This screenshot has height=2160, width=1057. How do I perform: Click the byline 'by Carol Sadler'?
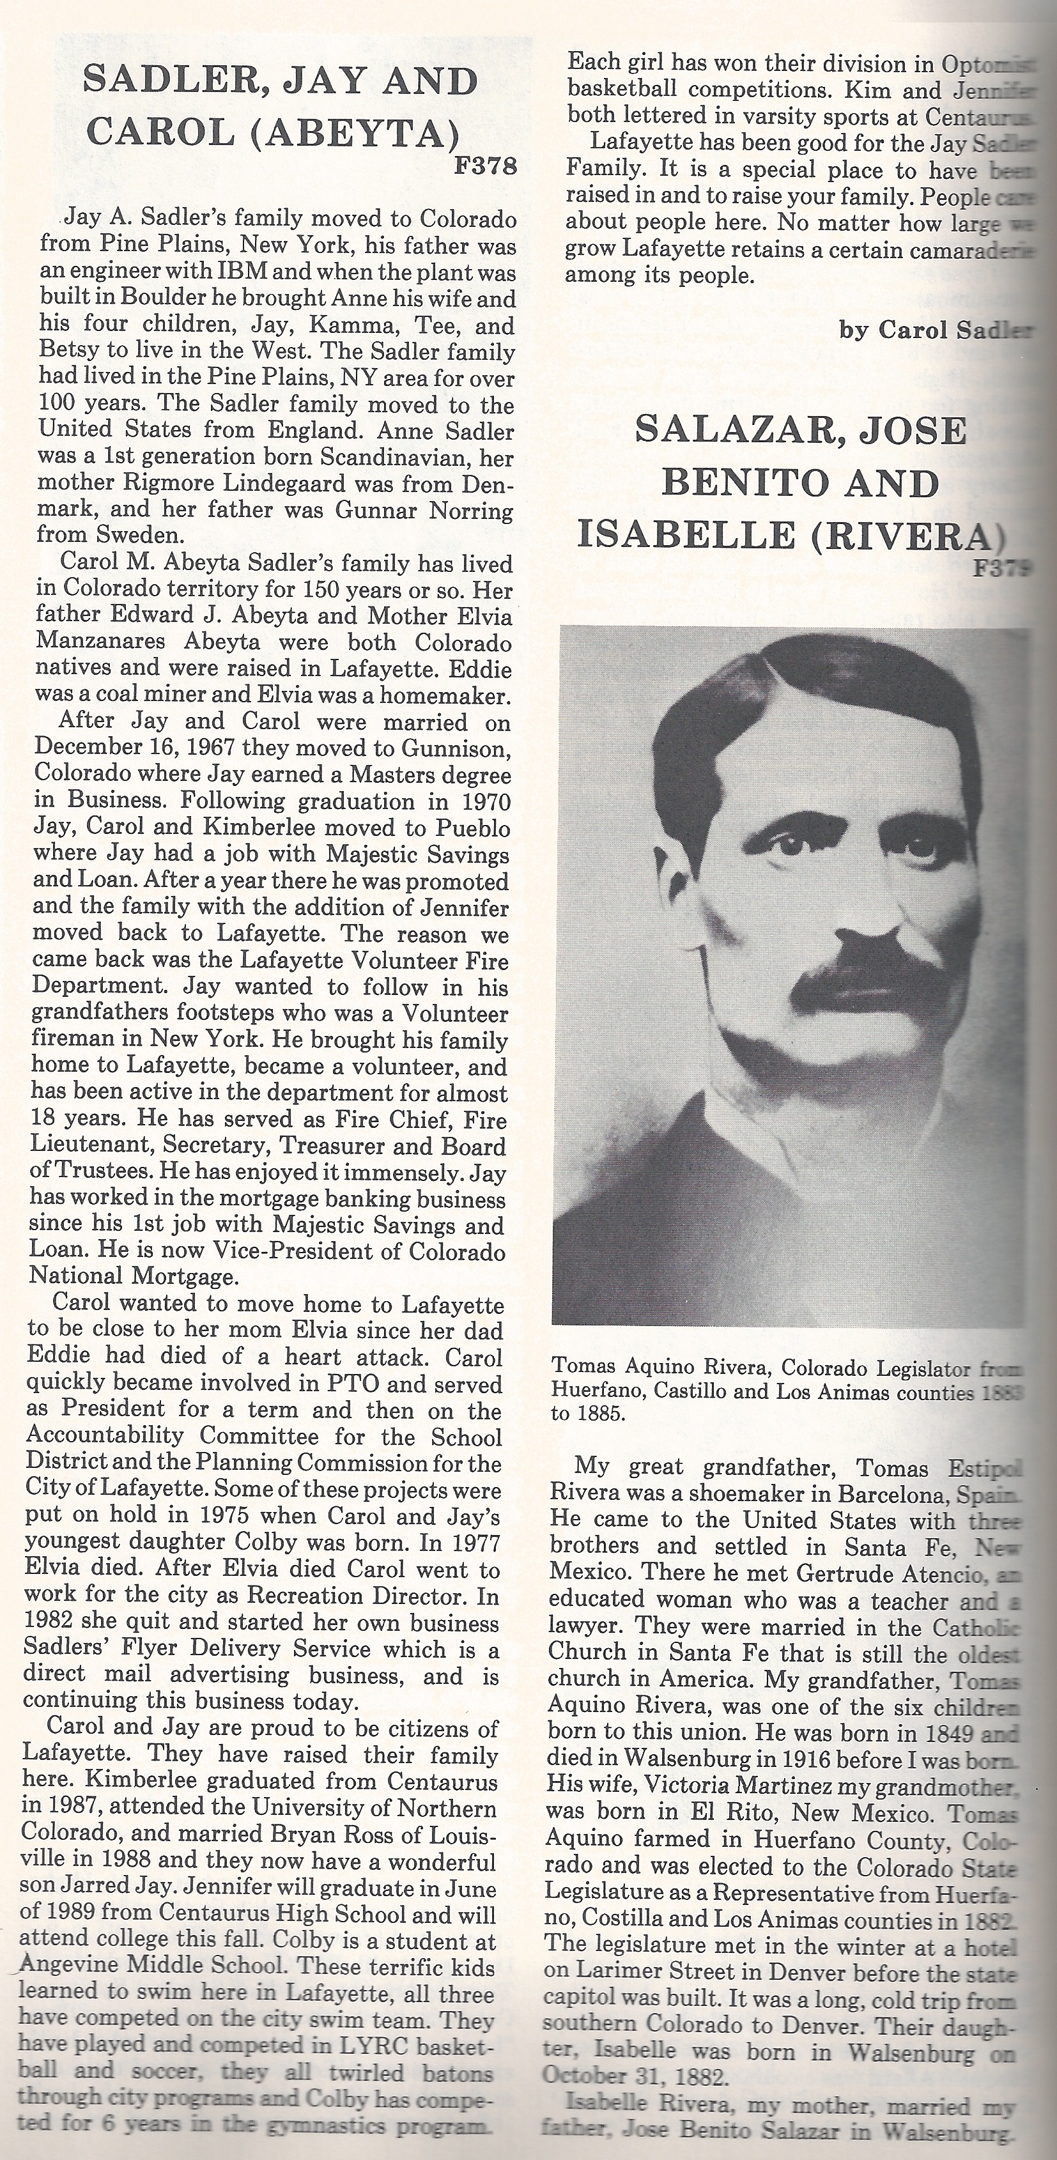[x=936, y=330]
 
